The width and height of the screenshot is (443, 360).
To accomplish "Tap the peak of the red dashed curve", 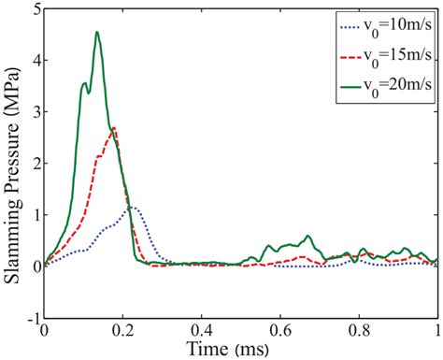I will [113, 127].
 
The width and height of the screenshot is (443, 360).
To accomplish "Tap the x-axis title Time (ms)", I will [241, 349].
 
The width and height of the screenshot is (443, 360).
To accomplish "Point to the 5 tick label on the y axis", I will [33, 9].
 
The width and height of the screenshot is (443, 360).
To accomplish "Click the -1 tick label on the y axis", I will [30, 318].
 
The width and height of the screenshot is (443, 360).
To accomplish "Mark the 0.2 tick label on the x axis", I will [122, 330].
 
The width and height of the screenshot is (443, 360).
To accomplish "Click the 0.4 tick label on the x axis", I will [201, 330].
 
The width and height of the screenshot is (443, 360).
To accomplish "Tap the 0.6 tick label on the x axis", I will [279, 330].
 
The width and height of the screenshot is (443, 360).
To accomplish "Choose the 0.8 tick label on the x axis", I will [358, 330].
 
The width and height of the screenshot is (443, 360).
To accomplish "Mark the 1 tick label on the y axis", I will [33, 215].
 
